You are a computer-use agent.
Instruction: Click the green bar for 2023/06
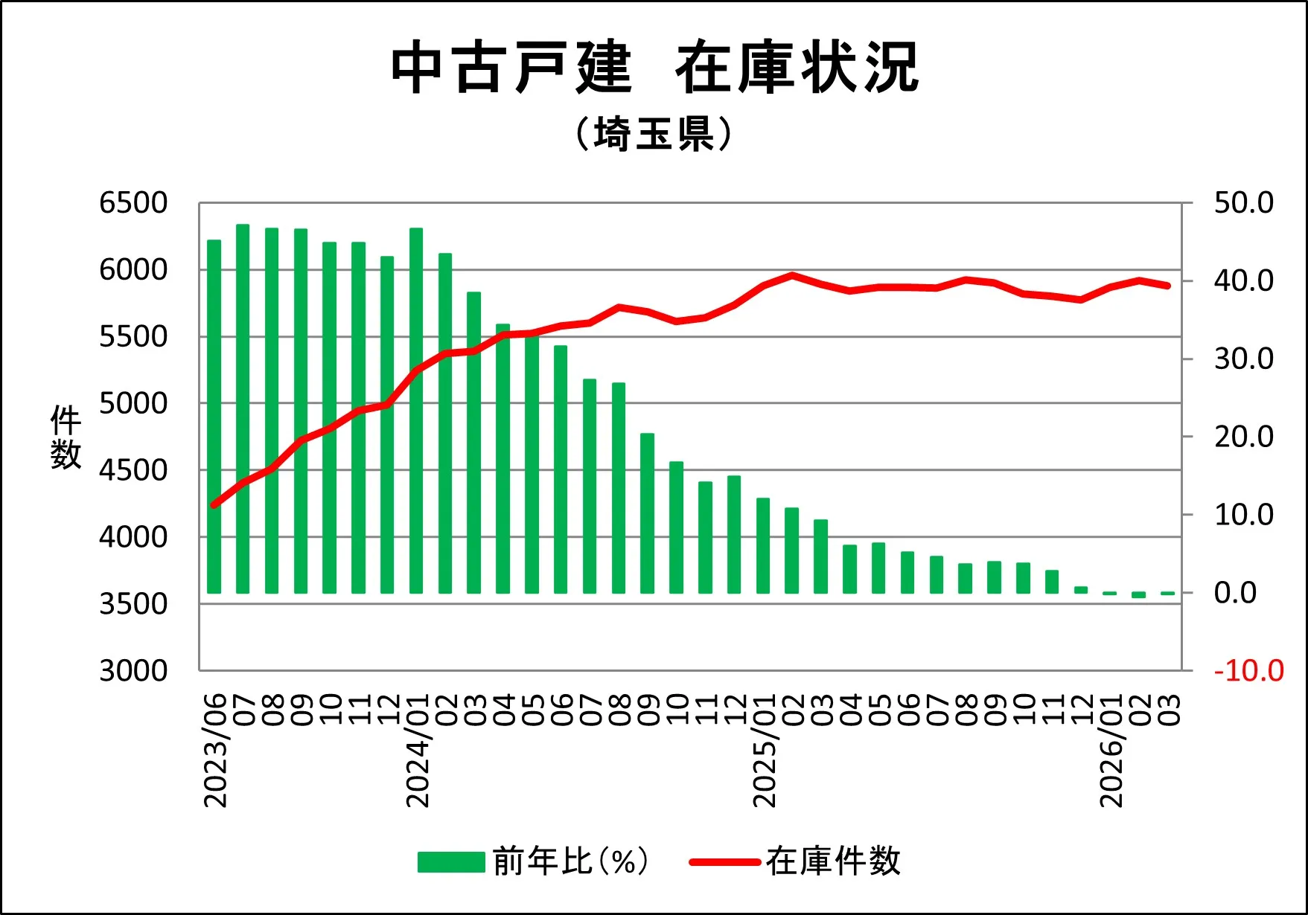pos(214,417)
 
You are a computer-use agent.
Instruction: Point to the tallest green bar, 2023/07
pos(243,408)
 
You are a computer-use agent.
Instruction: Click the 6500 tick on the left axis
pos(133,203)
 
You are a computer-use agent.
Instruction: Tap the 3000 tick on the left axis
pos(133,671)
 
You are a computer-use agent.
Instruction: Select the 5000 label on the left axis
pos(133,404)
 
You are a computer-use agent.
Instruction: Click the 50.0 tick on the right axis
pos(1243,203)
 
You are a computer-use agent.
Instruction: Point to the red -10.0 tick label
pos(1248,671)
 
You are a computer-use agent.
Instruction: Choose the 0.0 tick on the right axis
pos(1235,593)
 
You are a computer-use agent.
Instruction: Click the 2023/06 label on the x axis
pos(215,750)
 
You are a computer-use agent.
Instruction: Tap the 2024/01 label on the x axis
pos(418,750)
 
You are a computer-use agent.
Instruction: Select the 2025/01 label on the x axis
pos(765,750)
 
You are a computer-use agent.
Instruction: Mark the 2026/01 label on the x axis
pos(1111,750)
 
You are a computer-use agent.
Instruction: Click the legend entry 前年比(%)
pos(533,861)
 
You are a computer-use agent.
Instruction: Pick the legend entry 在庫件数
pos(795,861)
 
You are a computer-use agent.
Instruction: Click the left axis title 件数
pos(66,437)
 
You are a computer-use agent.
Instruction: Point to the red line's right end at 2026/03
pos(1167,286)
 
